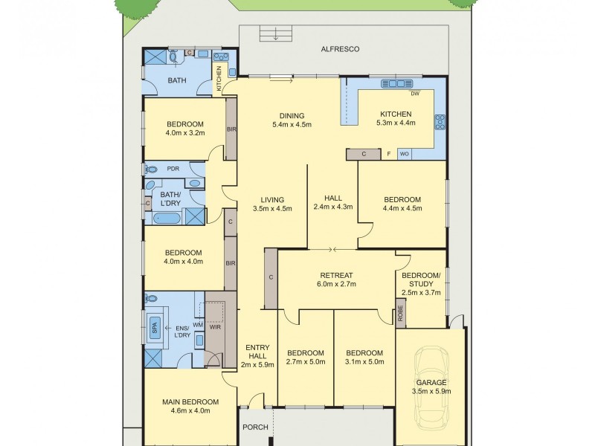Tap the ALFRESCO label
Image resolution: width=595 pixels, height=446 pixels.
340,49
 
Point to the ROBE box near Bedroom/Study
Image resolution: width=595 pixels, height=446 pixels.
401,312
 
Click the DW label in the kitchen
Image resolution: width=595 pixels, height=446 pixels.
415,94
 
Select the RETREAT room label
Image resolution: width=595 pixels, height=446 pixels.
336,274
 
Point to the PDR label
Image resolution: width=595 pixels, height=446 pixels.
173,168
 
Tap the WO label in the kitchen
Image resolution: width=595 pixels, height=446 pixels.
405,154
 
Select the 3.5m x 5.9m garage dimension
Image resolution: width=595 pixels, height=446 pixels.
431,391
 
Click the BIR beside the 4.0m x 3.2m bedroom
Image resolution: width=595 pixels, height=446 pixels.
231,129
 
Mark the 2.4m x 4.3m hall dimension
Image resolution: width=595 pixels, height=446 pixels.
332,207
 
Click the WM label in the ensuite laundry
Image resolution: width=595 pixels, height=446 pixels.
197,324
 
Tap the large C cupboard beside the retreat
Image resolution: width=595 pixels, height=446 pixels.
271,277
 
